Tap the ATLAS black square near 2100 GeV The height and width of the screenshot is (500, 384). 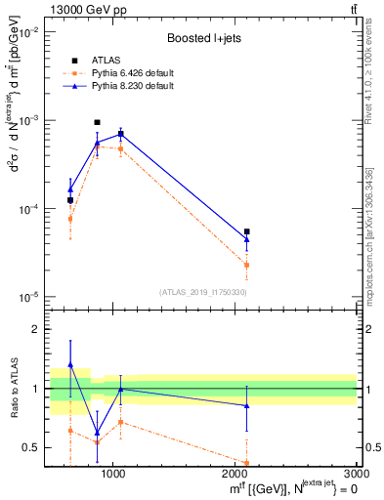point(246,231)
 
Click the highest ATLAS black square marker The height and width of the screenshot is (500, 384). point(97,123)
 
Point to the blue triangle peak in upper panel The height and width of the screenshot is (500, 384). point(120,133)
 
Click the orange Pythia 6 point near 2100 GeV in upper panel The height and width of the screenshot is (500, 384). point(246,265)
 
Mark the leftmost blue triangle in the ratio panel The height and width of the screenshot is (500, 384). point(70,364)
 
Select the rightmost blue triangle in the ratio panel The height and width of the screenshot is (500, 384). point(246,405)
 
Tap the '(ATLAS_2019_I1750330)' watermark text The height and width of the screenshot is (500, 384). point(202,292)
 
